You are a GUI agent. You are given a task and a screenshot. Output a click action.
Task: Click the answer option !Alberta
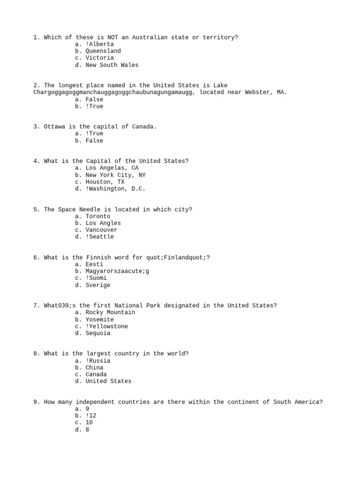click(100, 44)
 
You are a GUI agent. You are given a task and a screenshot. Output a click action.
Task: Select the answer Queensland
click(103, 51)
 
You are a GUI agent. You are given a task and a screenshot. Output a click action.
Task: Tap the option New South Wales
click(112, 65)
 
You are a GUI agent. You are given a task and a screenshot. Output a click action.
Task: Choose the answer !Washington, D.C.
click(115, 188)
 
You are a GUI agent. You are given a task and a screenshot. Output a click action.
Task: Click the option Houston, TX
click(105, 181)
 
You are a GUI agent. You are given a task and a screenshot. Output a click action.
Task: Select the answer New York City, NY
click(115, 175)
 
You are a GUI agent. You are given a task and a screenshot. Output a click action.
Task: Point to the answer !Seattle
click(100, 237)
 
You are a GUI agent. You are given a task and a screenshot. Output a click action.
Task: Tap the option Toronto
click(98, 216)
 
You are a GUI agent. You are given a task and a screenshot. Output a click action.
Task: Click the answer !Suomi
click(96, 278)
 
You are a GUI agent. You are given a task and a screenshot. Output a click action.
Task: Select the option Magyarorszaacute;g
click(117, 271)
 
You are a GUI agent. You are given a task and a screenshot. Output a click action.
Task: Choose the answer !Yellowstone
click(106, 326)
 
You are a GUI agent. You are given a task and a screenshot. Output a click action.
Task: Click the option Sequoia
click(98, 333)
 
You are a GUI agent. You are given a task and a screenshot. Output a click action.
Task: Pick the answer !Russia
click(98, 360)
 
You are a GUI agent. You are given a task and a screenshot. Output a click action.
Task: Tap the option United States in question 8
click(108, 381)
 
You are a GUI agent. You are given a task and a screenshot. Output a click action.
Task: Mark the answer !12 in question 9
click(91, 415)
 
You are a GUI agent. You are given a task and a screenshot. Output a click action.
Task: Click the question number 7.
click(36, 306)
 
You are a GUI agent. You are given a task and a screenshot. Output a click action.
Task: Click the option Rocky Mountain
click(110, 312)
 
